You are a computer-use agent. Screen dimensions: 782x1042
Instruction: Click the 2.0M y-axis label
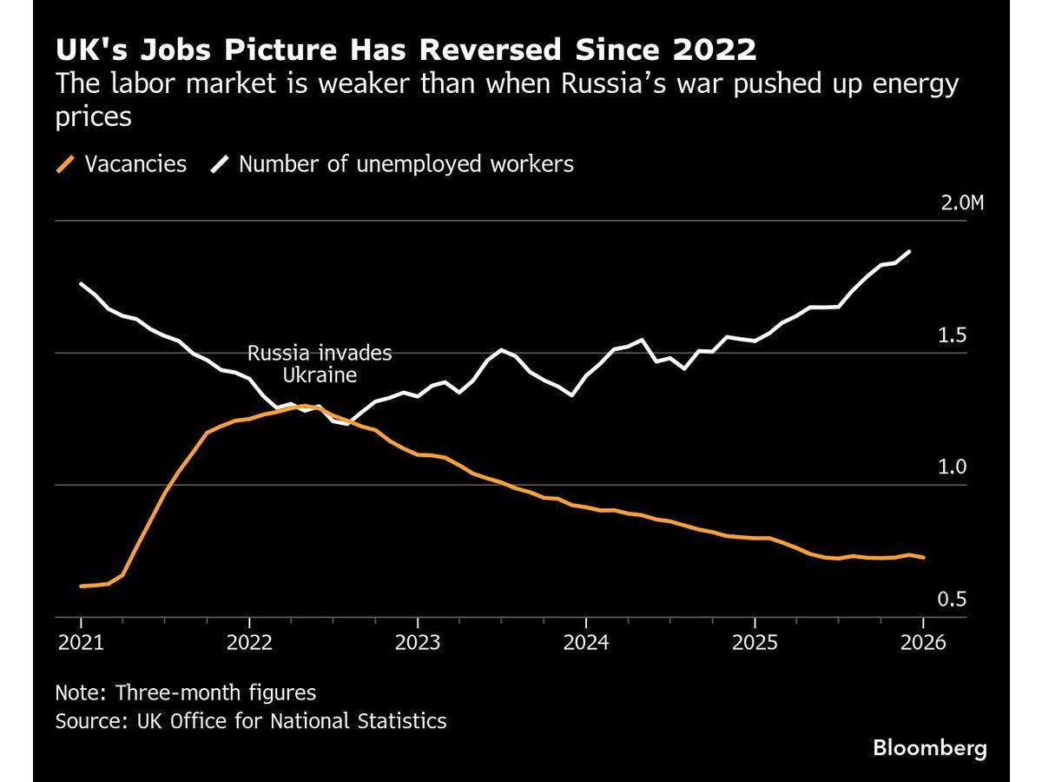pyautogui.click(x=963, y=204)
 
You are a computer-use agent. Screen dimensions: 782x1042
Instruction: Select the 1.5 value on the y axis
pyautogui.click(x=953, y=336)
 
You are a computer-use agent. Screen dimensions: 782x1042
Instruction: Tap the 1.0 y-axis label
pyautogui.click(x=953, y=468)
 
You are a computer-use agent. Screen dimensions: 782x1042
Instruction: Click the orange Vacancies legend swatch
pyautogui.click(x=65, y=164)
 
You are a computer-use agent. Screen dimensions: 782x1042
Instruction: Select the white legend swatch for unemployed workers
pyautogui.click(x=220, y=164)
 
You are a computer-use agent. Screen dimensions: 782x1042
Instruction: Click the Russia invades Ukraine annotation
pyautogui.click(x=320, y=365)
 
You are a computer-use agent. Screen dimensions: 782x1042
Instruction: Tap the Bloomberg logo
pyautogui.click(x=930, y=747)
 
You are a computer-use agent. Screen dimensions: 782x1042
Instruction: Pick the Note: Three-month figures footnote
pyautogui.click(x=185, y=693)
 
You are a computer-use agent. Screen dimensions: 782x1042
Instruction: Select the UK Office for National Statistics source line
pyautogui.click(x=251, y=720)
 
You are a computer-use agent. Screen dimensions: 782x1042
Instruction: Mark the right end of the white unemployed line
pyautogui.click(x=909, y=252)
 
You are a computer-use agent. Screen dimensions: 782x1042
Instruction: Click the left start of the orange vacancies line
pyautogui.click(x=81, y=586)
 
